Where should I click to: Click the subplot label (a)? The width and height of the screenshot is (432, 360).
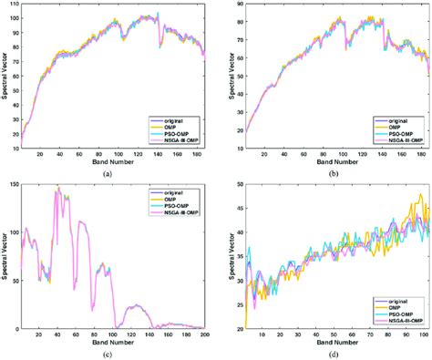108,173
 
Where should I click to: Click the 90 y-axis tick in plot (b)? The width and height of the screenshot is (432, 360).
241,5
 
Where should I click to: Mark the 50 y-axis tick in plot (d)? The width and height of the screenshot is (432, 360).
241,186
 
